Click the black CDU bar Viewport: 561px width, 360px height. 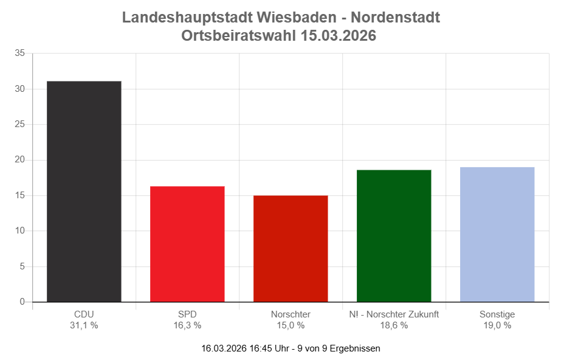[84, 192]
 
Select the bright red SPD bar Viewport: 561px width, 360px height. [187, 244]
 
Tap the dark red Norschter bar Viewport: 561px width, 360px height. [291, 248]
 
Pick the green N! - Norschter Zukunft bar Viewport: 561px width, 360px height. [394, 236]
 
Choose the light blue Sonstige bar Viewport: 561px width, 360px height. [497, 235]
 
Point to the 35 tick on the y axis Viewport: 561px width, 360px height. [19, 54]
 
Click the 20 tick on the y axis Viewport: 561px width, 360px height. [19, 160]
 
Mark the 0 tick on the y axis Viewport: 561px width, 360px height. [22, 302]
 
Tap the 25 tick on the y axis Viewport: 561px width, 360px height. [19, 125]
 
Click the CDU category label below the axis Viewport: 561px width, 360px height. [84, 314]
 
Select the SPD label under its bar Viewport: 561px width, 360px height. [187, 314]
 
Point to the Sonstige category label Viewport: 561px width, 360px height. [497, 314]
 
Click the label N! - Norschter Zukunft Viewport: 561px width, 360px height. [394, 314]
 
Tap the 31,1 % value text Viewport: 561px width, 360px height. [84, 325]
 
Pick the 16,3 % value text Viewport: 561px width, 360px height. [187, 325]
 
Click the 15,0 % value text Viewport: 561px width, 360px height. [291, 325]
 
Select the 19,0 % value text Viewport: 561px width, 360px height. [497, 325]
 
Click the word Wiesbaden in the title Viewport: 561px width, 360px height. [295, 18]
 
